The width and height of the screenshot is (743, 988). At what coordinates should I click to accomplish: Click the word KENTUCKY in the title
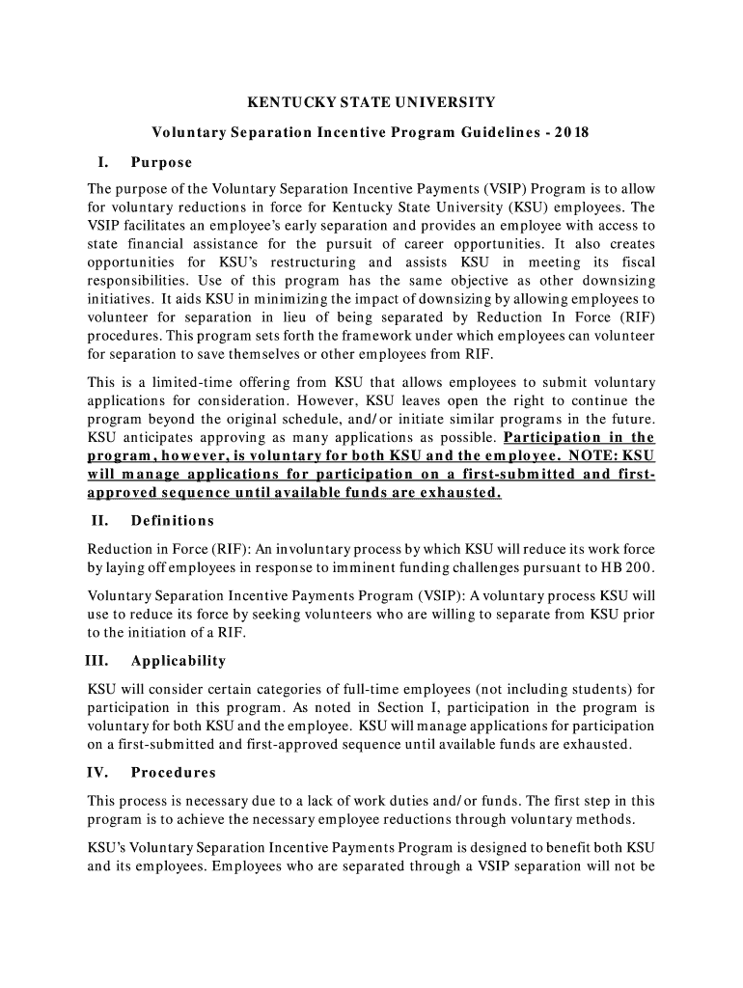click(x=282, y=101)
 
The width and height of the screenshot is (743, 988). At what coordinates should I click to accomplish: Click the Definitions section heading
click(x=173, y=521)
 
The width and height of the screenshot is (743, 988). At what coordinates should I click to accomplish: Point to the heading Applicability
click(x=179, y=661)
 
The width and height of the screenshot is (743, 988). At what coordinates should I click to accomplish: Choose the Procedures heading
click(x=174, y=773)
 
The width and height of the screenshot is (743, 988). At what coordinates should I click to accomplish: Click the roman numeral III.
click(x=99, y=661)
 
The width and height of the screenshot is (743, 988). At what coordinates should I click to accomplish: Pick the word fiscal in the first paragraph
click(x=634, y=262)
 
